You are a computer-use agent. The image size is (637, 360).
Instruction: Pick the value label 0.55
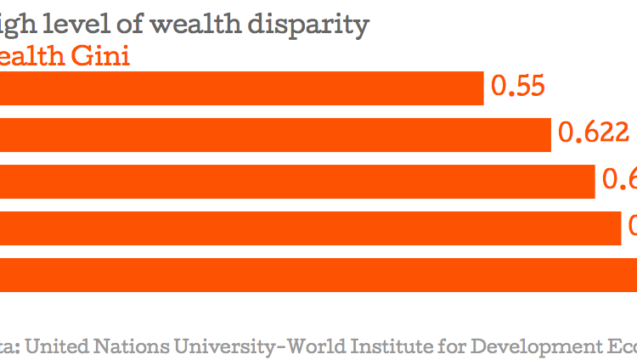[x=517, y=87]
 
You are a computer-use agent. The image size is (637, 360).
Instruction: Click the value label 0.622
[x=593, y=133]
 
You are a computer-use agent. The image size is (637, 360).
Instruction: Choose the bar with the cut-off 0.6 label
[x=296, y=181]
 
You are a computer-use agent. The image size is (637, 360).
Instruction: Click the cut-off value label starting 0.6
[x=619, y=180]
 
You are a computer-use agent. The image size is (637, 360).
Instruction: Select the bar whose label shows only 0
[x=310, y=228]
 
